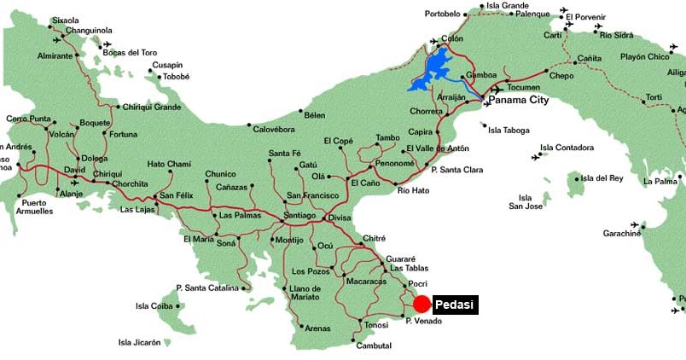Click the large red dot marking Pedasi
421,305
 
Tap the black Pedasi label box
455,305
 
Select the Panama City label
518,100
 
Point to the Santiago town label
299,216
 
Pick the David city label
74,171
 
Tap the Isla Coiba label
154,306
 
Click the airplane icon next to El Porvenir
564,11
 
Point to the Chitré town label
375,238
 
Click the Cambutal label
374,345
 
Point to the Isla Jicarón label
140,343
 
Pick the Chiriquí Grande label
152,107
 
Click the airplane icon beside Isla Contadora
536,157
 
